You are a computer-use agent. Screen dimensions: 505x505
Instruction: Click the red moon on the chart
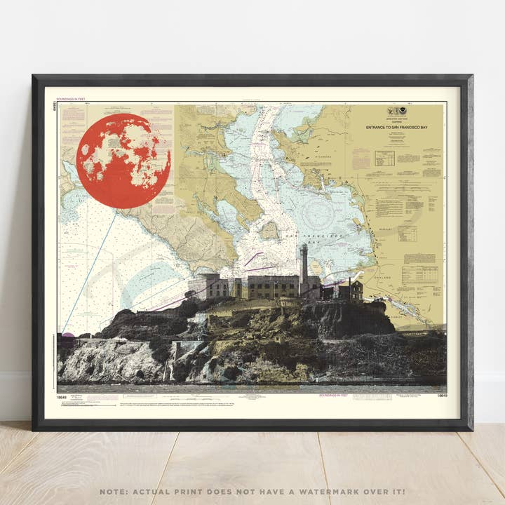pos(123,161)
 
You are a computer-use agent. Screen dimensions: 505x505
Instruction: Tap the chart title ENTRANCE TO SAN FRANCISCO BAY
pos(398,128)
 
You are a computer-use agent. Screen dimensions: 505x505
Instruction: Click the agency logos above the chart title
pos(398,112)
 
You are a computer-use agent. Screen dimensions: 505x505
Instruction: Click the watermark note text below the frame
pos(252,492)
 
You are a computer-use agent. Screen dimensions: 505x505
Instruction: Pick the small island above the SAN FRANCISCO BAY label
pos(269,229)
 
